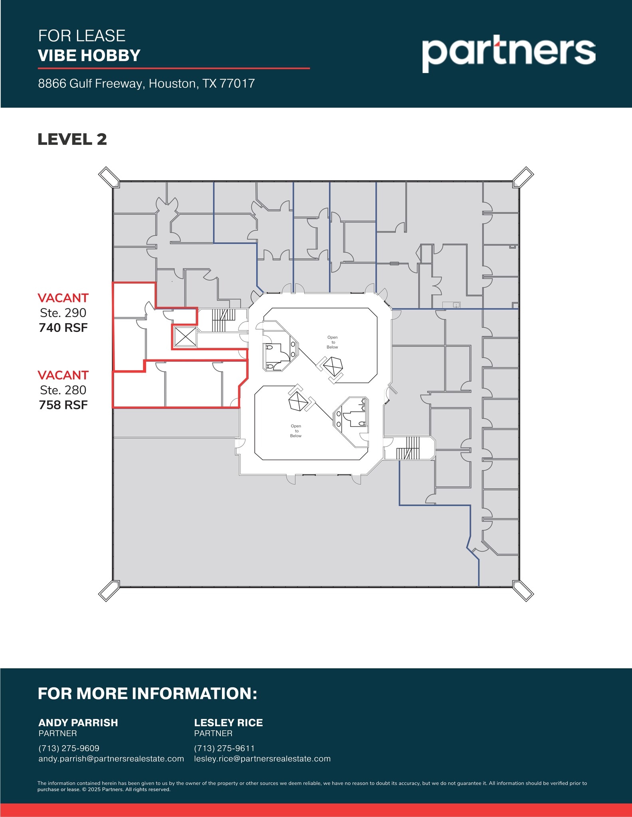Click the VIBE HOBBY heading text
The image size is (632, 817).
(89, 55)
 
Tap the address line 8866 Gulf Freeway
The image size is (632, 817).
(146, 83)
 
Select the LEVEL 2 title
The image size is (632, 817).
(72, 140)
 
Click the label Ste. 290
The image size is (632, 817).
(63, 313)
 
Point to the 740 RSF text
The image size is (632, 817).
(63, 328)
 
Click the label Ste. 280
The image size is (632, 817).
(63, 390)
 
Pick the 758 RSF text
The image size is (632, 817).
(63, 405)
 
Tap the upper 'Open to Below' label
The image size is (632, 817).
(332, 342)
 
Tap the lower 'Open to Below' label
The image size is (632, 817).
(296, 431)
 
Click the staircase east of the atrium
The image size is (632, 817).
(408, 448)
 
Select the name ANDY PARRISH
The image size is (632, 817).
(78, 723)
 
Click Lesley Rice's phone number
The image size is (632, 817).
(224, 748)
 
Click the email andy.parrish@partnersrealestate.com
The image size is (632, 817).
(111, 759)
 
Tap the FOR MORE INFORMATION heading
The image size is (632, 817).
(147, 694)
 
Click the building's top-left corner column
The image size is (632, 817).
(109, 177)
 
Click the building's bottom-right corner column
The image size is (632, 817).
(523, 591)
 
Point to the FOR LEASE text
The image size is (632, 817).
(82, 36)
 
